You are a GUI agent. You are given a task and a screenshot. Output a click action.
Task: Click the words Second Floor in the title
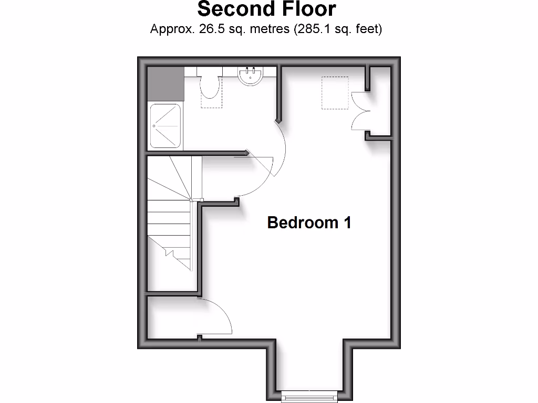click(266, 9)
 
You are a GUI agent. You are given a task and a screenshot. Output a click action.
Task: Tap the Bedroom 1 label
click(309, 222)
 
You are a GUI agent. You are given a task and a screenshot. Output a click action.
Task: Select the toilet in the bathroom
click(211, 86)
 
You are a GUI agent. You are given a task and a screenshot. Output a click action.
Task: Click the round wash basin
click(251, 76)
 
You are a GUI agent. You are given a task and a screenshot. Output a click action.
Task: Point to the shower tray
click(165, 126)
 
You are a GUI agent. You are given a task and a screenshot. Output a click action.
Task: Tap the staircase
click(169, 220)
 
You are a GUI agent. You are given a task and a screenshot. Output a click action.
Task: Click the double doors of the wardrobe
click(360, 110)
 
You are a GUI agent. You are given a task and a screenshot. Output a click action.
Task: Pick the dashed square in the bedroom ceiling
click(335, 93)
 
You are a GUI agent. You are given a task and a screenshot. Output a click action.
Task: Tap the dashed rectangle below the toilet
click(212, 102)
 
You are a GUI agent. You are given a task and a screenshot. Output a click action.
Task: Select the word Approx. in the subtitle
click(172, 29)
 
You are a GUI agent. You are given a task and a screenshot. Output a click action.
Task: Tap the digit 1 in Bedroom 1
click(347, 222)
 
